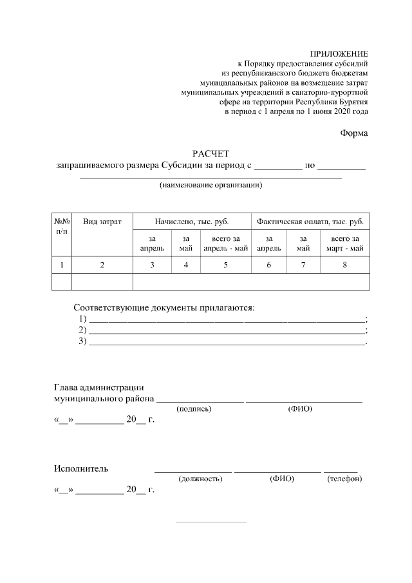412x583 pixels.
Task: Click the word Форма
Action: (x=354, y=133)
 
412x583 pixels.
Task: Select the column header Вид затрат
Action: (x=102, y=222)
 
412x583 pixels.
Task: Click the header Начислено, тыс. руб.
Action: (x=191, y=222)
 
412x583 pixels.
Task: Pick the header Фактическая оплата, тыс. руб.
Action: (x=310, y=222)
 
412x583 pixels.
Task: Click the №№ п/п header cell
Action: (x=62, y=226)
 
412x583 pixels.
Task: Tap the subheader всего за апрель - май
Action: (x=225, y=244)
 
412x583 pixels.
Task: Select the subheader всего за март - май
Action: (x=344, y=244)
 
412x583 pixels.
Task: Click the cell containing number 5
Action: (x=225, y=265)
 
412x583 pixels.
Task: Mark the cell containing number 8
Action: (x=344, y=265)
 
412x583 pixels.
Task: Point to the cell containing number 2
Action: (x=102, y=265)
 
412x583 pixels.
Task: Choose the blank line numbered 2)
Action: (x=225, y=330)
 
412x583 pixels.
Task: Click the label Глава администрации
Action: (x=98, y=387)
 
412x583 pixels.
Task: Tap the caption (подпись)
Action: (x=194, y=409)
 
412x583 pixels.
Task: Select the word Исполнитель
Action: (x=80, y=468)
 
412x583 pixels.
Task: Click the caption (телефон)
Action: (x=344, y=479)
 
